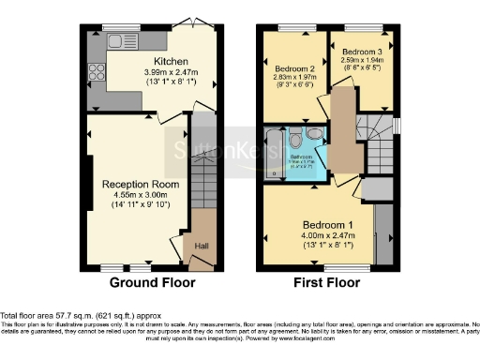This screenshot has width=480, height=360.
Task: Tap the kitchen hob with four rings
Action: tap(96, 72)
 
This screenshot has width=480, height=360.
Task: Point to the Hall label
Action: tap(201, 246)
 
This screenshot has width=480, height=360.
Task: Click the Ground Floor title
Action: tap(153, 282)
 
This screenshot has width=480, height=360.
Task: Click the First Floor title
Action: tap(328, 282)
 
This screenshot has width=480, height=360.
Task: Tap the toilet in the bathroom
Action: tap(297, 142)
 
